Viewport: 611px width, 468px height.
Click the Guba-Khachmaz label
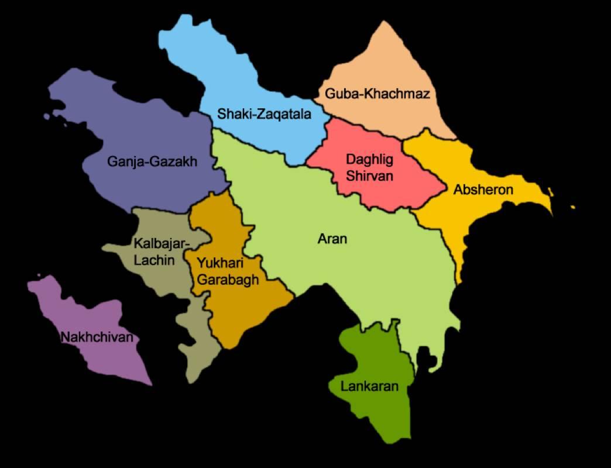(x=377, y=94)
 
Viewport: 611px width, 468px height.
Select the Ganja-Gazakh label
(x=152, y=161)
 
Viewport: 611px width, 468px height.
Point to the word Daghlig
(x=369, y=159)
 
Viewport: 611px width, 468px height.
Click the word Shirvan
(x=369, y=175)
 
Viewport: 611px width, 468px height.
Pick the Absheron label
(x=483, y=190)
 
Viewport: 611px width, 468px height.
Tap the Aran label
(x=332, y=239)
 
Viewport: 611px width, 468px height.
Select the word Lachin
(x=154, y=260)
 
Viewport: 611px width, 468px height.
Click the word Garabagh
(x=228, y=280)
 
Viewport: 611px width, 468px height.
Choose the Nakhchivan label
(x=97, y=337)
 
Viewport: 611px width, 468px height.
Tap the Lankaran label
(x=369, y=386)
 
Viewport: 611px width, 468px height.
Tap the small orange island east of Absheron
(x=572, y=207)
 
